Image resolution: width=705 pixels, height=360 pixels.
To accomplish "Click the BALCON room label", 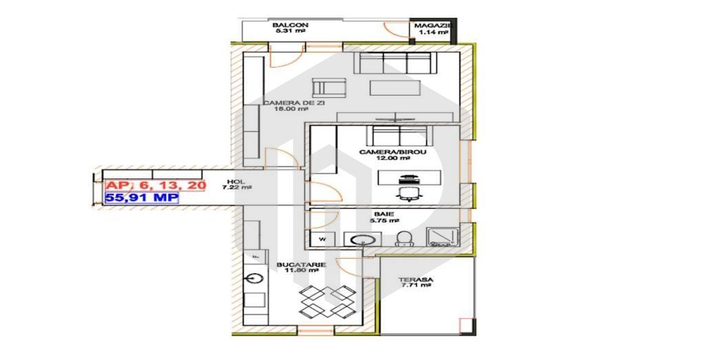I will click(x=291, y=25).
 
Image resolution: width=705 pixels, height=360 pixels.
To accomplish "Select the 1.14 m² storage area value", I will click(x=432, y=32).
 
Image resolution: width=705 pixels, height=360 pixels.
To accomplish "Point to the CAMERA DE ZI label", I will click(x=294, y=103).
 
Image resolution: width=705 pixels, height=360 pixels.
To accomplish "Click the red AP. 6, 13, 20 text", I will click(x=155, y=185).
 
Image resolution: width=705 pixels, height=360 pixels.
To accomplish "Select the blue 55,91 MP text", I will click(x=141, y=198).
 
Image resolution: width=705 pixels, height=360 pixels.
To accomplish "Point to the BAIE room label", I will click(x=375, y=214).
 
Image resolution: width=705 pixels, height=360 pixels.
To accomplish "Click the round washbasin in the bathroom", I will click(x=361, y=240).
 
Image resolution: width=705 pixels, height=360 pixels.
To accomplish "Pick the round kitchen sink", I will click(x=255, y=278).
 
